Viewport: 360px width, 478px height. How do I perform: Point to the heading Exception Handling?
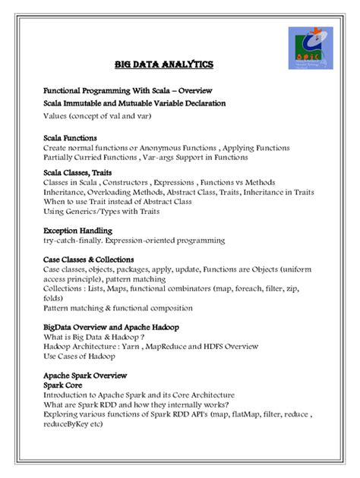point(78,230)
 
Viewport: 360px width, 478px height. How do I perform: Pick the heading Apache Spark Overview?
point(85,376)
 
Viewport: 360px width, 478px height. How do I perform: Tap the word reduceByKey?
point(68,424)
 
